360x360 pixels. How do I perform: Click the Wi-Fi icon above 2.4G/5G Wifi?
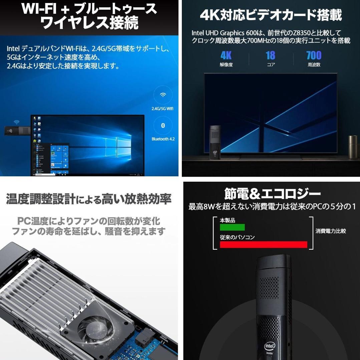[163, 95]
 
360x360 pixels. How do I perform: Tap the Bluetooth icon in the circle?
[163, 125]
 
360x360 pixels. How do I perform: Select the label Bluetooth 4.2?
[163, 139]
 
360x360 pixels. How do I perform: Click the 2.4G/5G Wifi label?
[162, 109]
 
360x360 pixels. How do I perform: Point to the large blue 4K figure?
[226, 55]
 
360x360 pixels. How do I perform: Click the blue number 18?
[271, 55]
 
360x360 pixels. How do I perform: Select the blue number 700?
[314, 55]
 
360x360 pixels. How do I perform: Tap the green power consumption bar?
[232, 227]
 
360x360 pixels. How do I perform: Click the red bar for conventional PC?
[263, 245]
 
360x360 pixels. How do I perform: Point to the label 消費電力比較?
[331, 231]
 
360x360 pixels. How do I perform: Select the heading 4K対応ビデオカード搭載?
[271, 15]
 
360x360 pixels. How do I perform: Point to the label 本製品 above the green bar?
[228, 220]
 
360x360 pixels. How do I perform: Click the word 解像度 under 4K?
[226, 65]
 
